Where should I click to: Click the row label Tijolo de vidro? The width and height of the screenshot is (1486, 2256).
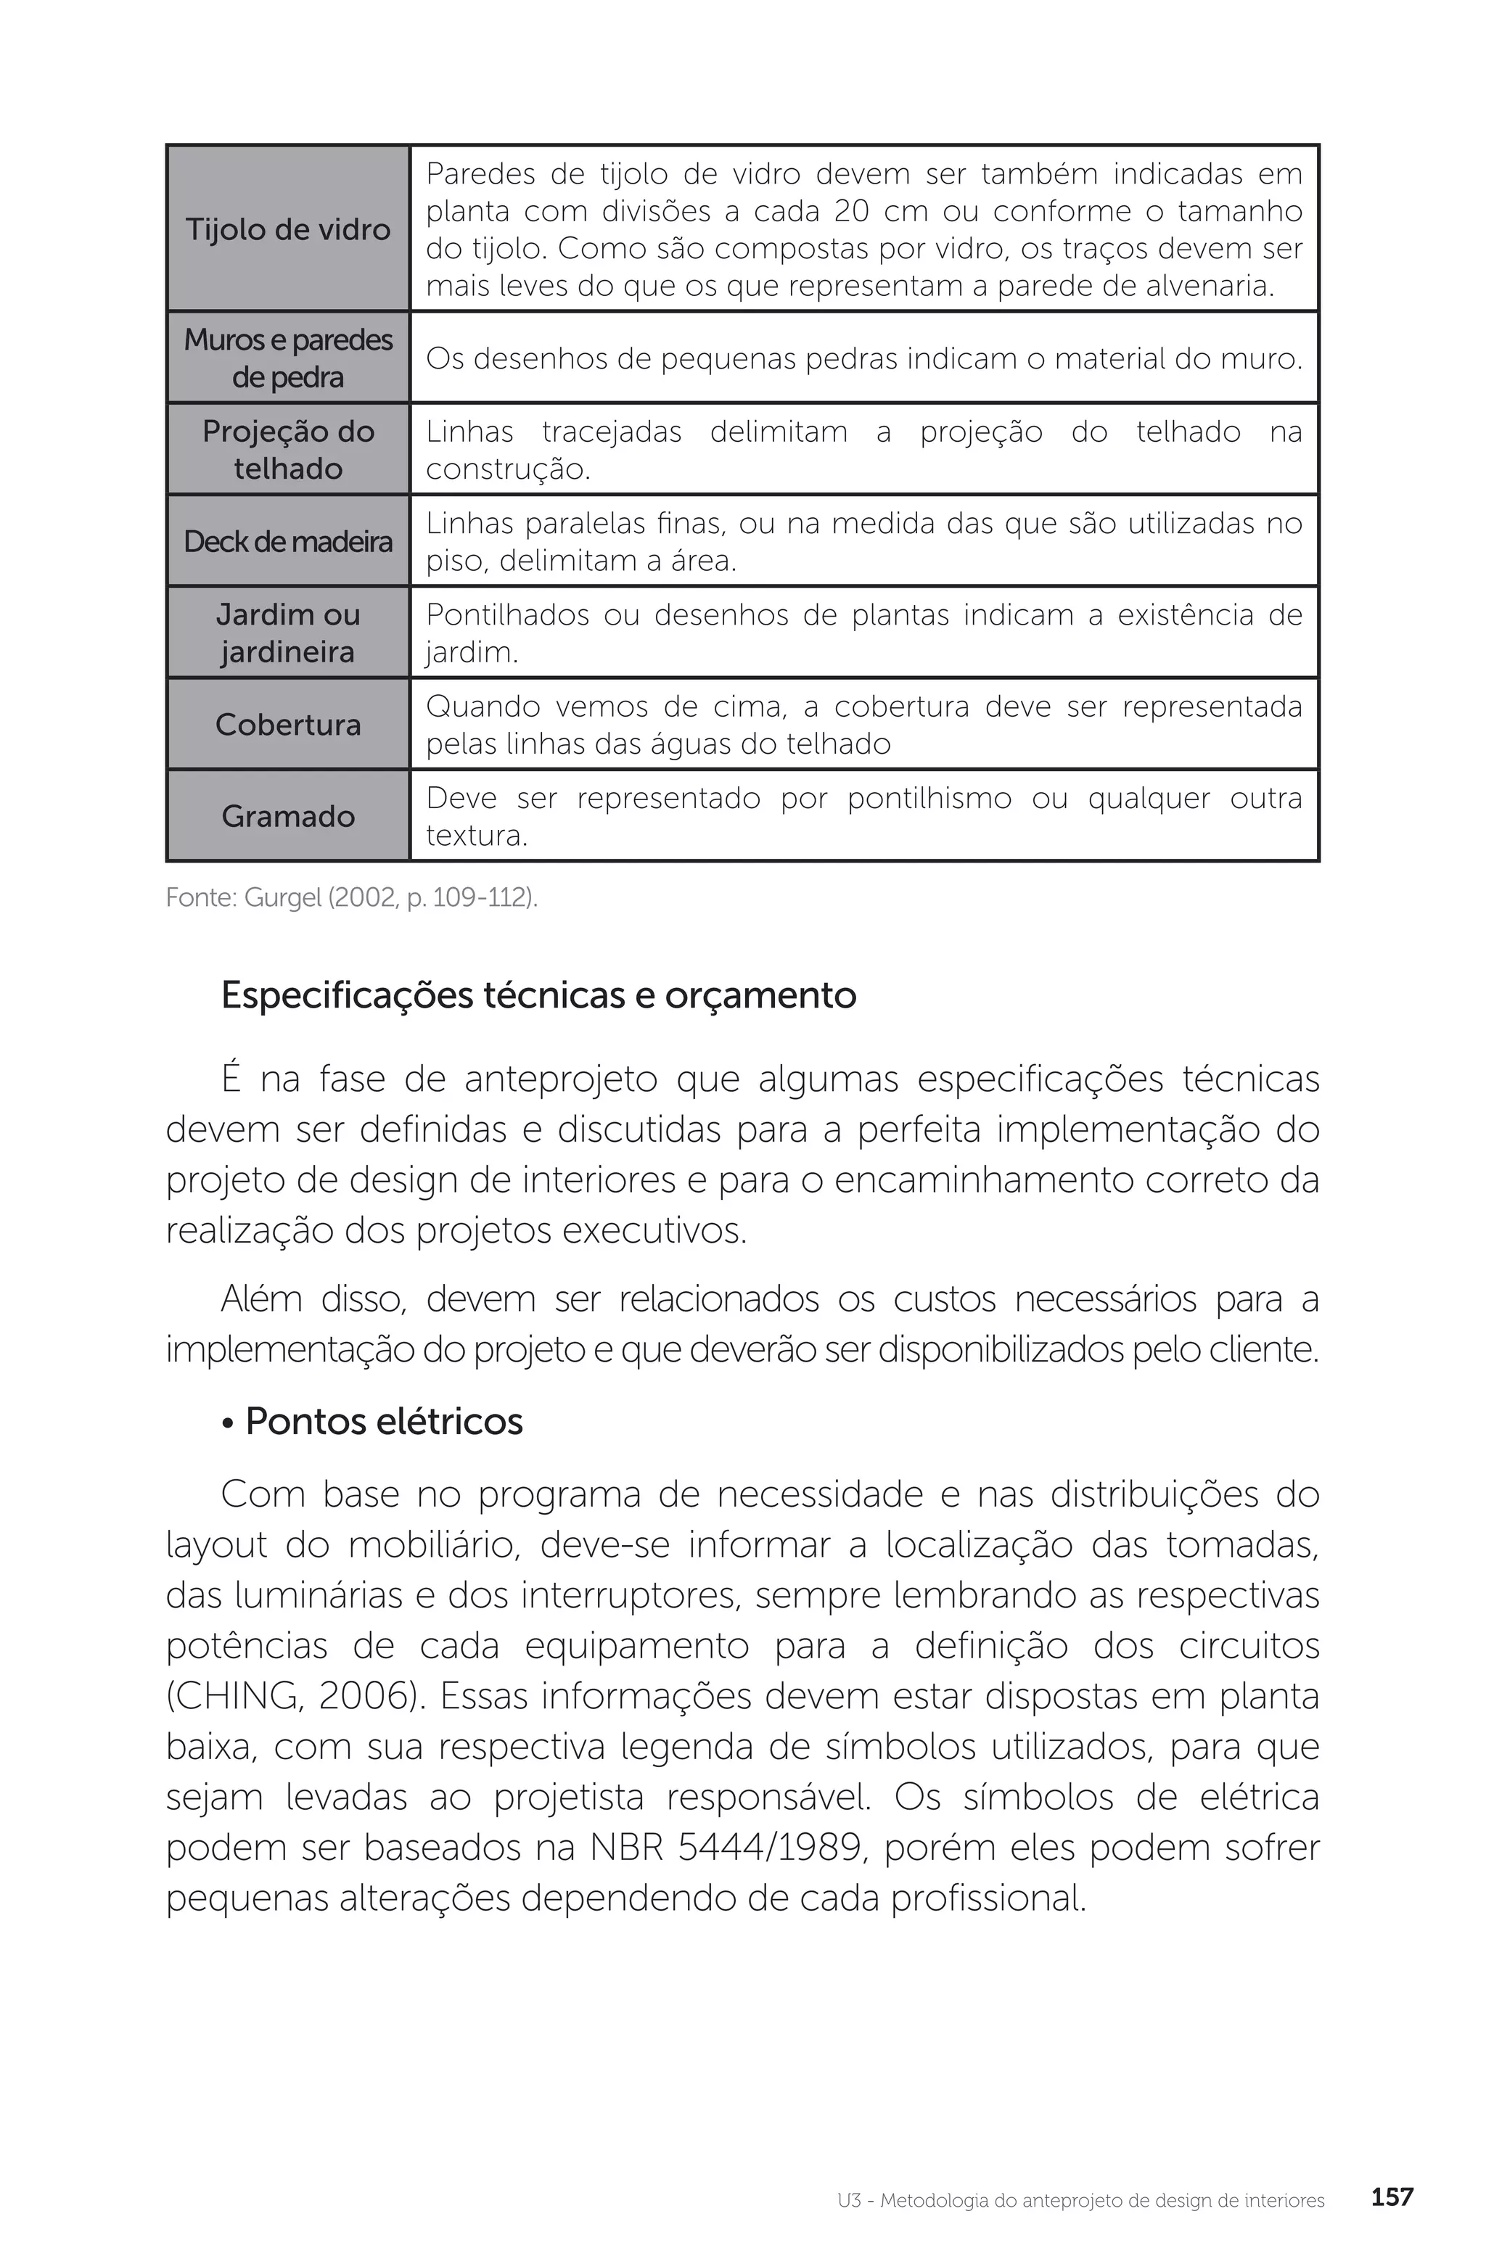[x=287, y=229]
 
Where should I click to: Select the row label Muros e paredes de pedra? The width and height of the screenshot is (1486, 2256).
[x=287, y=358]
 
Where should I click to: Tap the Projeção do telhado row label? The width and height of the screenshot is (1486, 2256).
[x=287, y=449]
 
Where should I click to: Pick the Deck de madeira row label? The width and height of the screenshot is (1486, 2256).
[x=287, y=541]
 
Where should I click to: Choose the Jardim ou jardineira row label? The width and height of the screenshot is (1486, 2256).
[x=287, y=633]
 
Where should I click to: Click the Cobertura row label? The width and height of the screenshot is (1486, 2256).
[x=287, y=724]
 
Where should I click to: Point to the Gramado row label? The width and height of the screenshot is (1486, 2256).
[x=287, y=816]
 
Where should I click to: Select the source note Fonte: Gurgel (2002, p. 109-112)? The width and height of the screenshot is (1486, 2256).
[x=352, y=897]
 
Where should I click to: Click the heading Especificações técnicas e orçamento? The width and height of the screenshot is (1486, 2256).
[x=538, y=995]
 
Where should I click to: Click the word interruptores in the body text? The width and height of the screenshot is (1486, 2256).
[x=629, y=1595]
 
